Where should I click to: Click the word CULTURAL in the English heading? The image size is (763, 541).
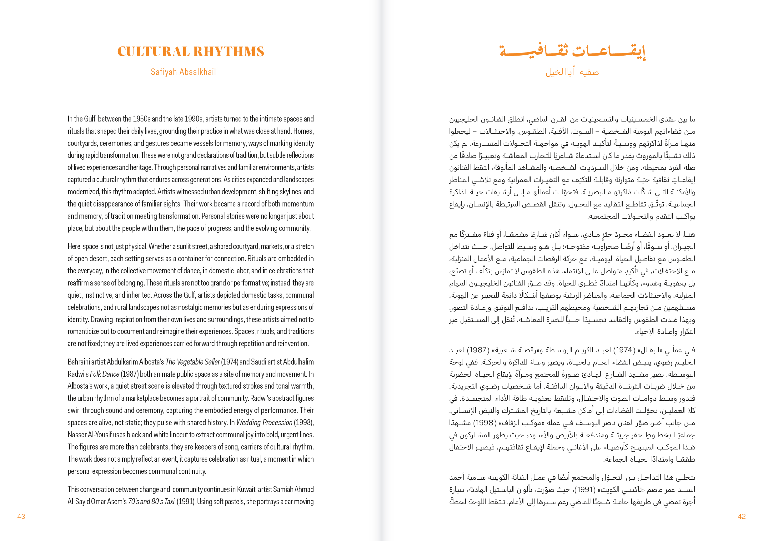(x=154, y=52)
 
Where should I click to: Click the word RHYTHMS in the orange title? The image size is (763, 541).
(x=229, y=52)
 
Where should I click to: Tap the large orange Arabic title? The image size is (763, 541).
(x=572, y=52)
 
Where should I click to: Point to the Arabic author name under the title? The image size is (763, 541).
(x=572, y=72)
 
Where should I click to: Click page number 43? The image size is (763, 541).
(x=21, y=516)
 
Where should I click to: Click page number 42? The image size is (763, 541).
(x=741, y=516)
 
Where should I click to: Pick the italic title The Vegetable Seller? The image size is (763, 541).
(x=192, y=362)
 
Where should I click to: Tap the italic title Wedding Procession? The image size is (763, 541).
(x=265, y=422)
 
